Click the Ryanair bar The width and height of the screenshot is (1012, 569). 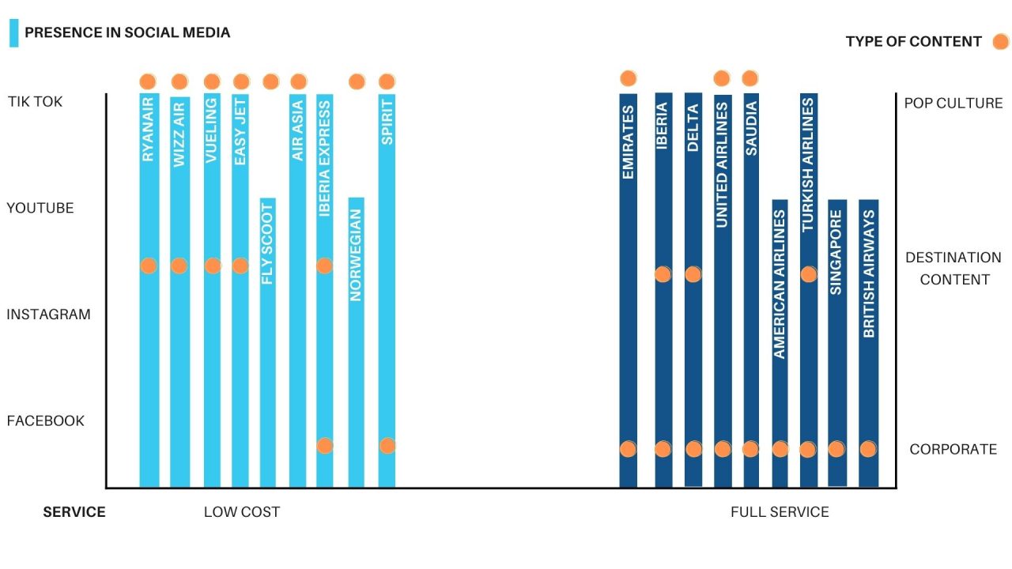pos(149,356)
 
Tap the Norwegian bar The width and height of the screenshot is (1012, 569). pos(357,379)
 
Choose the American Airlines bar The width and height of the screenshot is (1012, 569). pos(780,395)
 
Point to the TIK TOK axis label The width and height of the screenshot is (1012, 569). pos(35,102)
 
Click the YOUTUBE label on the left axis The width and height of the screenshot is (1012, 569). pos(40,209)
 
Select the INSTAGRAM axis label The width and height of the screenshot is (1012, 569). pos(48,315)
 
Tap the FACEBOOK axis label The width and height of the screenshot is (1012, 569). pos(45,421)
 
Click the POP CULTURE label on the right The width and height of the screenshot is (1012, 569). pos(953,104)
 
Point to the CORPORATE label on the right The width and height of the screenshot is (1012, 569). pos(953,450)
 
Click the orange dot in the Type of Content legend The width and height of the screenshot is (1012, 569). pos(1001,42)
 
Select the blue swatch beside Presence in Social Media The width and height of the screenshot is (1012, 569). pos(13,33)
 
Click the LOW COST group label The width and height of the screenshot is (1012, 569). pos(242,512)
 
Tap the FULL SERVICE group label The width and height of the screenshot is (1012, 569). pos(780,512)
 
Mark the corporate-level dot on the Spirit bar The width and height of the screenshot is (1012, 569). pos(387,446)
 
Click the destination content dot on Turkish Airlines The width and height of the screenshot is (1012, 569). pos(808,274)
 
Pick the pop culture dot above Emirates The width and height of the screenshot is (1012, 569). pos(629,78)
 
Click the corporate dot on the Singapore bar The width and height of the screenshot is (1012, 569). pos(836,449)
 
